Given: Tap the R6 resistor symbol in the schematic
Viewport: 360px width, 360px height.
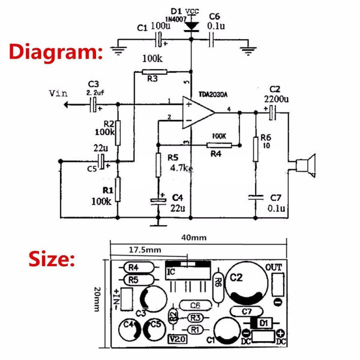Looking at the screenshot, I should pyautogui.click(x=256, y=149).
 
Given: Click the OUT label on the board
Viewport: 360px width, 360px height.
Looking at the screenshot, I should pyautogui.click(x=275, y=268).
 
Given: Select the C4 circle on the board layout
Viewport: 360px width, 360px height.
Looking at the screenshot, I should pyautogui.click(x=128, y=329).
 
